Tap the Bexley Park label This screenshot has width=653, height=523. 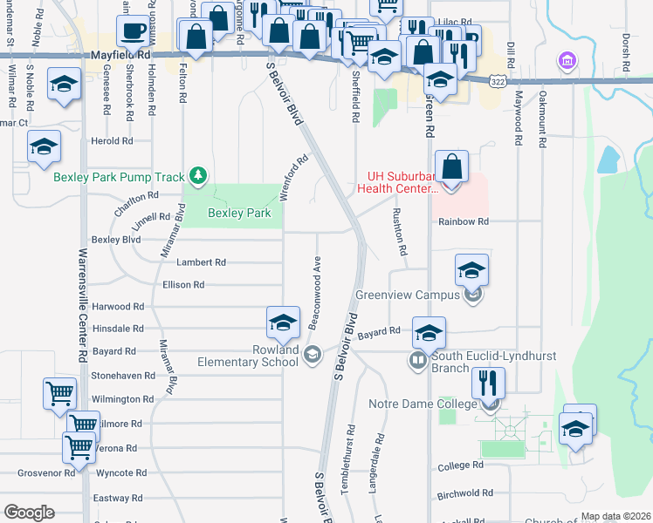[238, 213]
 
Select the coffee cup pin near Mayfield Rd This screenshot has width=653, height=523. [134, 32]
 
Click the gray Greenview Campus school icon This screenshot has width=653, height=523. [473, 295]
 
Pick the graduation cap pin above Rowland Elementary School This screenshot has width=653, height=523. [283, 323]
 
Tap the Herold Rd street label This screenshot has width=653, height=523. [112, 140]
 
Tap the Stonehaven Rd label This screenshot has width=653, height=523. [123, 376]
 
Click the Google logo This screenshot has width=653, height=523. [29, 513]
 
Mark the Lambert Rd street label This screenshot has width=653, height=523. [201, 262]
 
